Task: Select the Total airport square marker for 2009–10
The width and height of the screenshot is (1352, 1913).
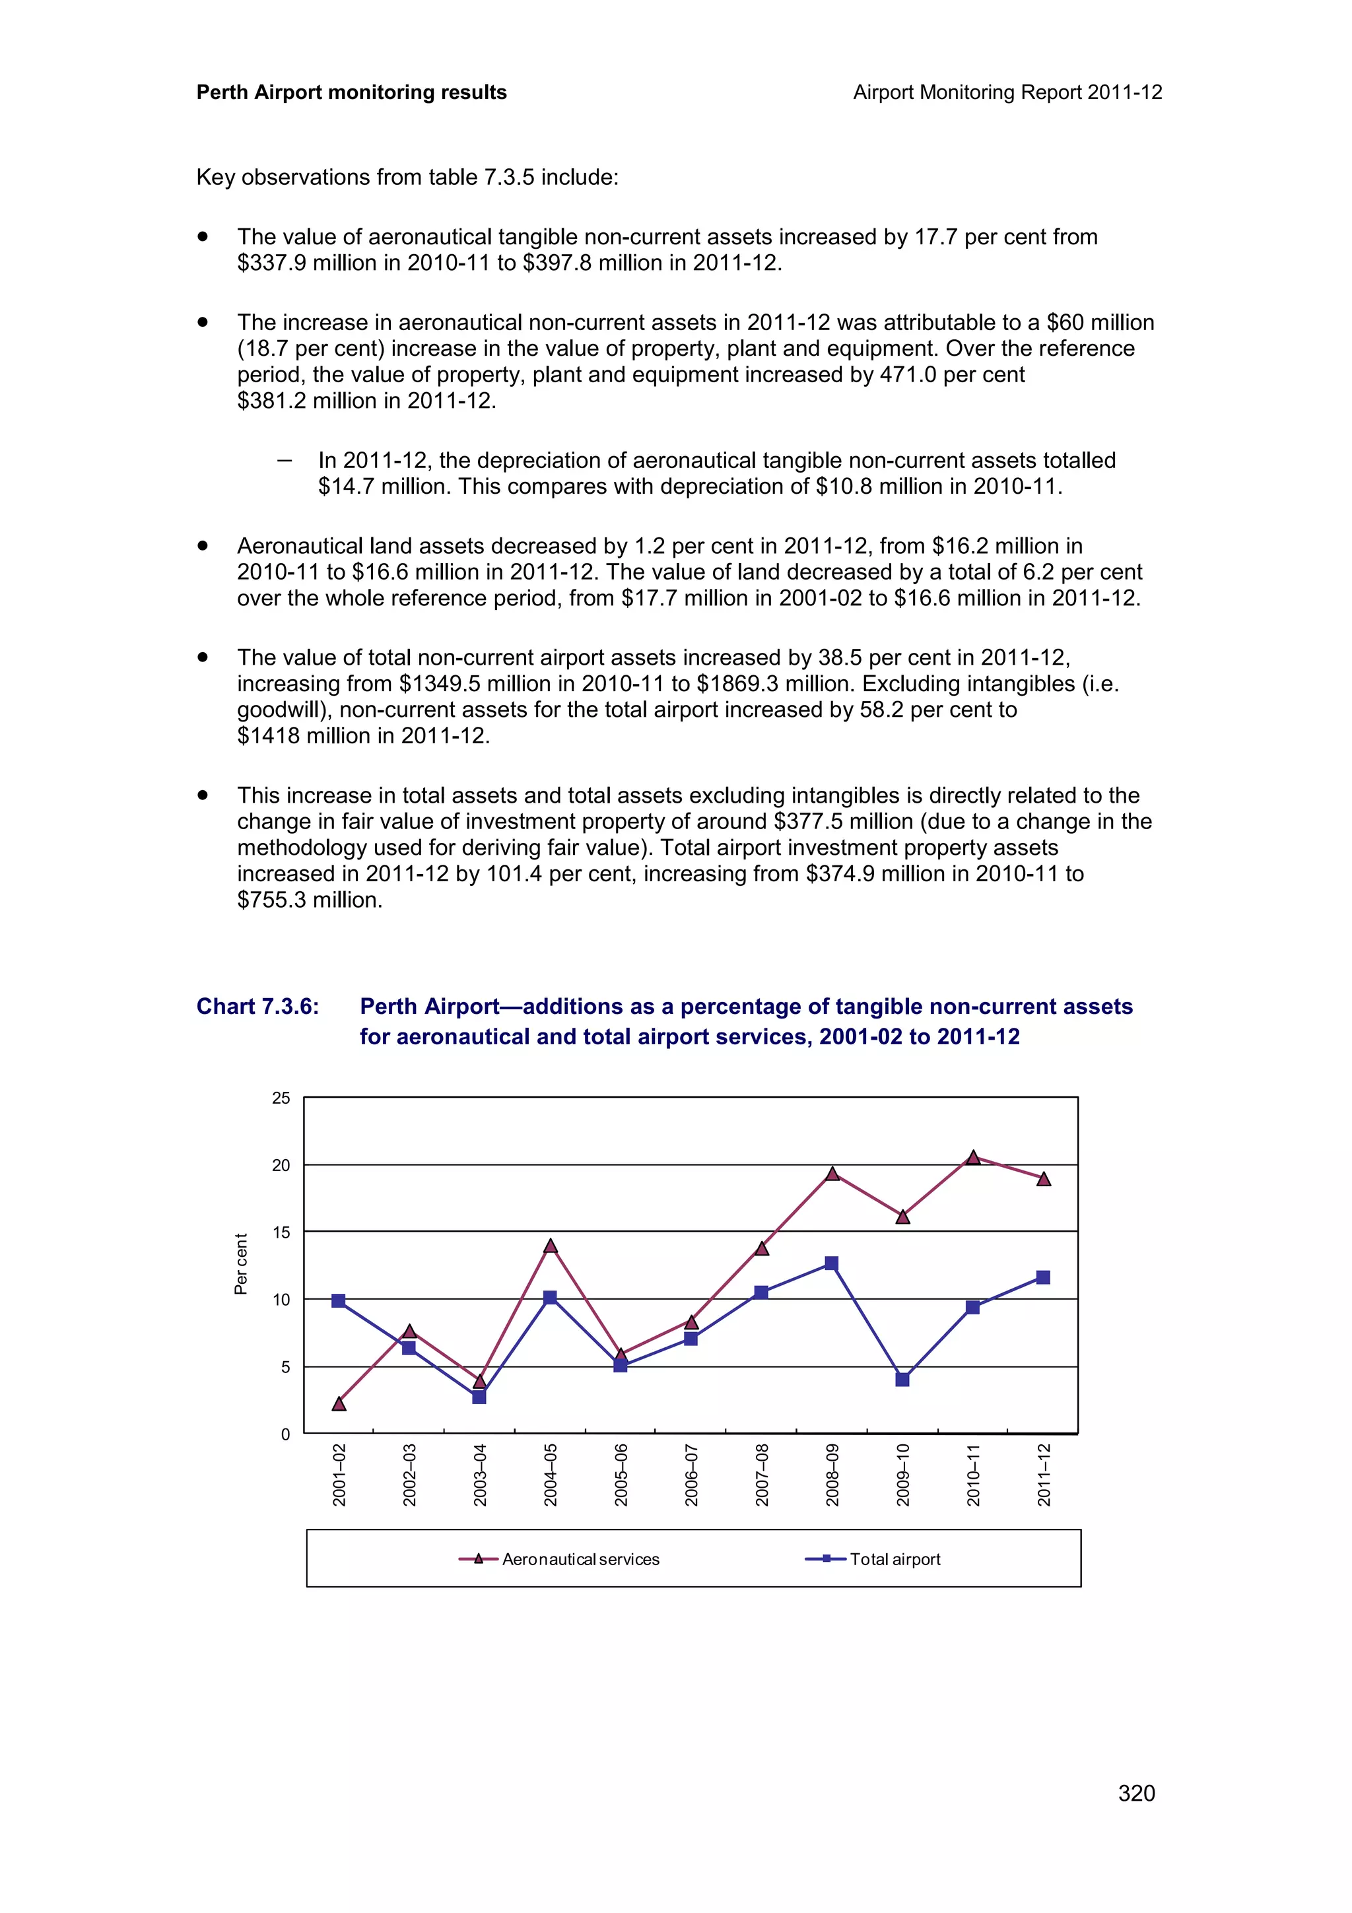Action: click(902, 1380)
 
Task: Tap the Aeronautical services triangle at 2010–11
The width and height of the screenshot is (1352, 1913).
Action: click(973, 1157)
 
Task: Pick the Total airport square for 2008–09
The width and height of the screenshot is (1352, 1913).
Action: click(831, 1263)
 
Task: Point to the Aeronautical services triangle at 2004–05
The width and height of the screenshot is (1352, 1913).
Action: click(550, 1246)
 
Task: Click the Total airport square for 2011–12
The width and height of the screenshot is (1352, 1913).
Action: click(1043, 1277)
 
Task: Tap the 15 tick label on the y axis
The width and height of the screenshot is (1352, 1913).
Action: click(282, 1232)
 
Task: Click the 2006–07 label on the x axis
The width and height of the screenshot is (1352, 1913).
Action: click(691, 1475)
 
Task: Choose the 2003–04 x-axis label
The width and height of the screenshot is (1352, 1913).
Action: click(480, 1475)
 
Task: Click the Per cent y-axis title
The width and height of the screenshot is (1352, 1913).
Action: click(241, 1264)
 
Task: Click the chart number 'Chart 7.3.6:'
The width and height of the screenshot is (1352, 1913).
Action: click(257, 1007)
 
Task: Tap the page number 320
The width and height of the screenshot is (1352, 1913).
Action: click(1136, 1793)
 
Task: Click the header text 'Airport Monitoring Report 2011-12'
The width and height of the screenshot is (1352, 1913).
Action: click(1007, 92)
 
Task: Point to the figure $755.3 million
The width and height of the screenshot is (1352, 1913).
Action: click(309, 900)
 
